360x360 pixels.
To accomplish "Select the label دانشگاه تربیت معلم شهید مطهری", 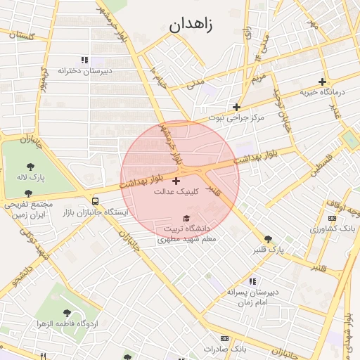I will coord(187,234).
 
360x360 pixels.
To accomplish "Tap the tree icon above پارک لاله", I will coord(30,166).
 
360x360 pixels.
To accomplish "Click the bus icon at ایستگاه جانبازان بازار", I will coord(95,201).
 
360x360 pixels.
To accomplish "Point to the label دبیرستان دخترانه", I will coord(85,70).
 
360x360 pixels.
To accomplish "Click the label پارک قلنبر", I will coord(268,250).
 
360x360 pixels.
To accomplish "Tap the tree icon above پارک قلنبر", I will coord(268,239).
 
